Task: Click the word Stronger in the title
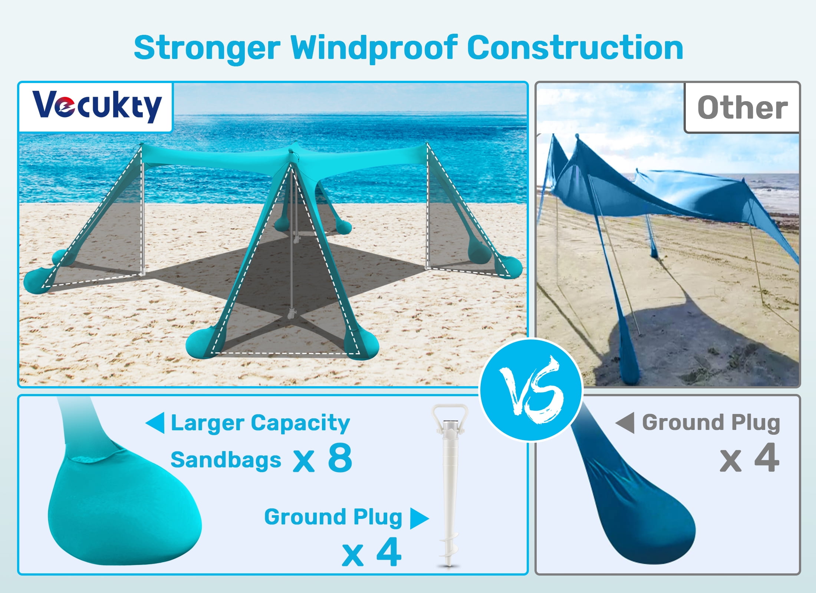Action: pyautogui.click(x=207, y=48)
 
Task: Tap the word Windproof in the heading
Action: pyautogui.click(x=374, y=48)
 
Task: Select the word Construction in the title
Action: pyautogui.click(x=575, y=48)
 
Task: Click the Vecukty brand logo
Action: pyautogui.click(x=96, y=107)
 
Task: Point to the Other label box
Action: pyautogui.click(x=742, y=107)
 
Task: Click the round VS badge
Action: pyautogui.click(x=531, y=390)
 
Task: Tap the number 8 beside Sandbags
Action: pyautogui.click(x=340, y=458)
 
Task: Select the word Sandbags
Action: pyautogui.click(x=226, y=460)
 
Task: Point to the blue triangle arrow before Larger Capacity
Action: pyautogui.click(x=155, y=423)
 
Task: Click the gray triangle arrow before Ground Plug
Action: pyautogui.click(x=625, y=423)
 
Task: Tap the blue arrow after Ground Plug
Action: pyautogui.click(x=419, y=518)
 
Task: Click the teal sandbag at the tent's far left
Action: pyautogui.click(x=35, y=281)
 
